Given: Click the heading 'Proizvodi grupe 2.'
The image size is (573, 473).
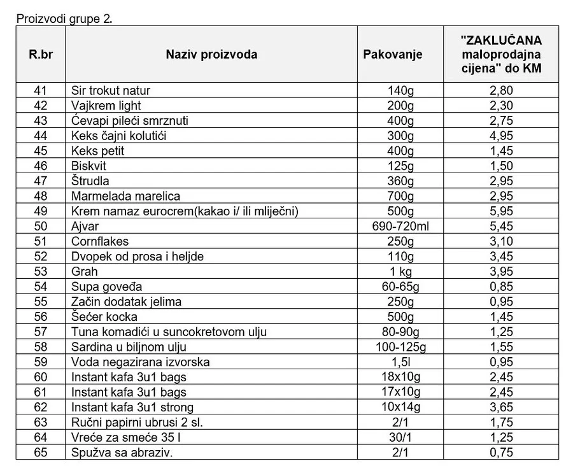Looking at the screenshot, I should [x=64, y=18].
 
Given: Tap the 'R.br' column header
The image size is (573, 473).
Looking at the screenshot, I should [x=41, y=54].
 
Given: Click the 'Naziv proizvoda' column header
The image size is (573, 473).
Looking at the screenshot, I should [x=211, y=54].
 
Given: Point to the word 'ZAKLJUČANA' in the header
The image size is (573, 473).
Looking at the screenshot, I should [x=500, y=40].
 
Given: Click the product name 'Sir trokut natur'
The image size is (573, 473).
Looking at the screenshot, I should [x=111, y=90].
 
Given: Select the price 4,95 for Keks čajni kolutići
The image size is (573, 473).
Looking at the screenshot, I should [x=500, y=136].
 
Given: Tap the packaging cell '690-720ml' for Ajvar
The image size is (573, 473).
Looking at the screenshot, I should [x=400, y=226].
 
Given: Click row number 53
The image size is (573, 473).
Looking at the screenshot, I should [x=41, y=272].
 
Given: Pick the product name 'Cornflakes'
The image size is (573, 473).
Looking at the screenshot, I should [x=100, y=241].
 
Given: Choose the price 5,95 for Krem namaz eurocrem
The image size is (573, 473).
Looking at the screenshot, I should [x=500, y=211].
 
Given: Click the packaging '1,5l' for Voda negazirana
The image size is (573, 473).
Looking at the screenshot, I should [x=400, y=362].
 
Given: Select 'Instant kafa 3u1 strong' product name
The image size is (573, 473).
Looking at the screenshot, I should [x=132, y=407].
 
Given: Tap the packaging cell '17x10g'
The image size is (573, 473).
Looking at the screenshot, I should [x=400, y=392].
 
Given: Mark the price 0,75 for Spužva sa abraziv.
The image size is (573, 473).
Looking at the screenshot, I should [x=500, y=453].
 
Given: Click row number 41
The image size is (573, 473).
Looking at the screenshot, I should [x=41, y=90].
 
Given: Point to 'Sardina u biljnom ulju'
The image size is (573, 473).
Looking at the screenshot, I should [x=129, y=347].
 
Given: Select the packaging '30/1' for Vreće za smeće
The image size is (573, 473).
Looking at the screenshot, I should [x=400, y=437].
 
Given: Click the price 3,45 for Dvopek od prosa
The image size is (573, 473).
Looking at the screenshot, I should [x=500, y=257].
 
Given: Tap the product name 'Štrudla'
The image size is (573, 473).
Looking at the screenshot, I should [x=90, y=181].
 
